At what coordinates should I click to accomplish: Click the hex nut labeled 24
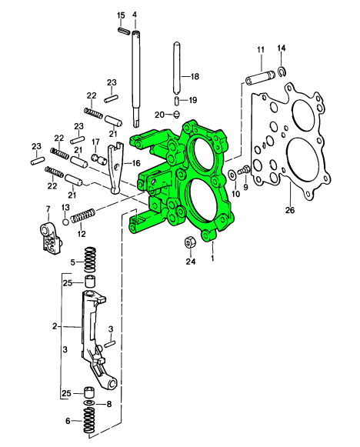tap(189, 242)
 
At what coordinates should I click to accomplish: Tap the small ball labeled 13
tap(65, 222)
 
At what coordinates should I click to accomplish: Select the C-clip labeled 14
tap(282, 72)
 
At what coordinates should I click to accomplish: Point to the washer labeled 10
tap(232, 175)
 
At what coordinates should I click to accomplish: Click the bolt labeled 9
tap(243, 170)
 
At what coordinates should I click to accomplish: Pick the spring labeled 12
tap(82, 215)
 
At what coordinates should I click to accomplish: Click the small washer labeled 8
tap(89, 403)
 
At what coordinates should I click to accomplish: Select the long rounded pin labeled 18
tap(176, 68)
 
